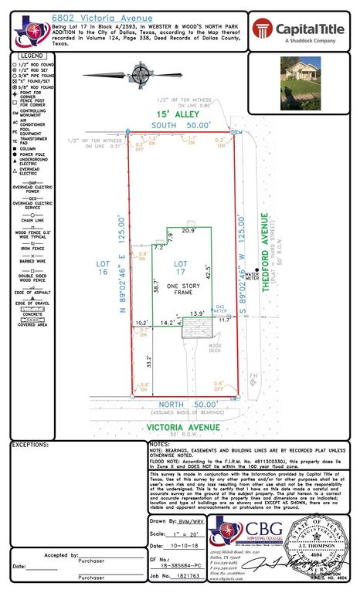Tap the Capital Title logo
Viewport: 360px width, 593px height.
pyautogui.click(x=301, y=31)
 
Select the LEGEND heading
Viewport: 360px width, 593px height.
pyautogui.click(x=32, y=56)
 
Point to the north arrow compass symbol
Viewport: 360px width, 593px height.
pyautogui.click(x=140, y=74)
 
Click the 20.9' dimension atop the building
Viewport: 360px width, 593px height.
pyautogui.click(x=188, y=231)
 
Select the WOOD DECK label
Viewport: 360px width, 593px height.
pyautogui.click(x=215, y=347)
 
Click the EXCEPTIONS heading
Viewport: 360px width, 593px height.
pyautogui.click(x=31, y=445)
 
